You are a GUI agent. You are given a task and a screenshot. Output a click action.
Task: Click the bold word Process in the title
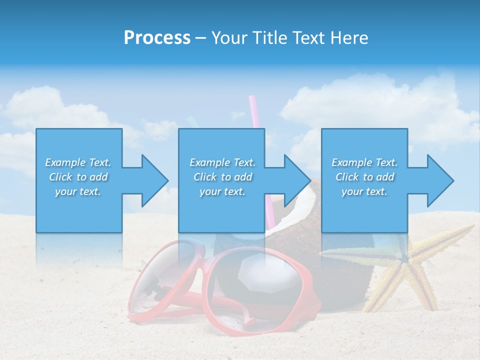coord(157,38)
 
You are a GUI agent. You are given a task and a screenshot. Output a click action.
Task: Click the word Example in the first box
coord(65,162)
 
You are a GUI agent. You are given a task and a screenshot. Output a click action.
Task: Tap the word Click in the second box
coord(204,177)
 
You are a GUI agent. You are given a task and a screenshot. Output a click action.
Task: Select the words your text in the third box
coord(364,191)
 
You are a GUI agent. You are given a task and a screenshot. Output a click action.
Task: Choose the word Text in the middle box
coord(244,162)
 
